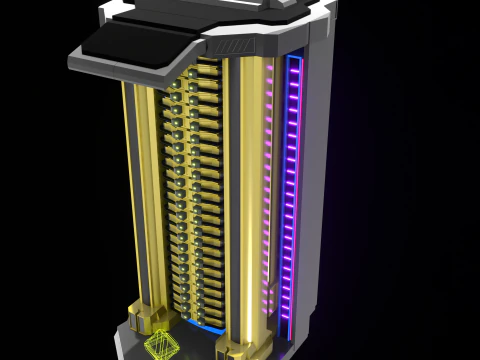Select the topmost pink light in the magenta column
(270, 70)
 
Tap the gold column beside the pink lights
(250, 200)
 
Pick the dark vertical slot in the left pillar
(148, 200)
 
